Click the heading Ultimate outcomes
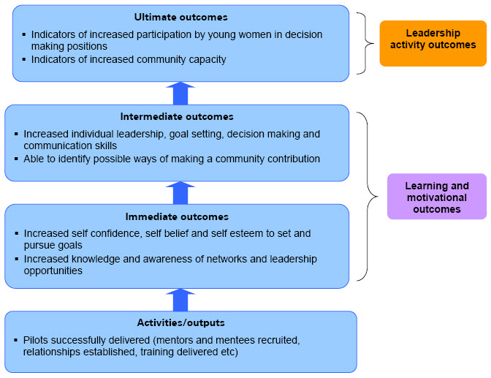[x=180, y=17]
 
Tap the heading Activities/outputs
[x=180, y=322]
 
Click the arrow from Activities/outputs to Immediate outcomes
[x=180, y=300]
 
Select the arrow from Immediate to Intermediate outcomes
[x=180, y=193]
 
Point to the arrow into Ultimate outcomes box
[x=180, y=93]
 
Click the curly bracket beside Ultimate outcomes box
[x=362, y=42]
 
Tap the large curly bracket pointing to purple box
[x=370, y=196]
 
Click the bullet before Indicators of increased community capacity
[x=23, y=60]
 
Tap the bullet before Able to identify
[x=16, y=159]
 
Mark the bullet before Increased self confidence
[x=16, y=234]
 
